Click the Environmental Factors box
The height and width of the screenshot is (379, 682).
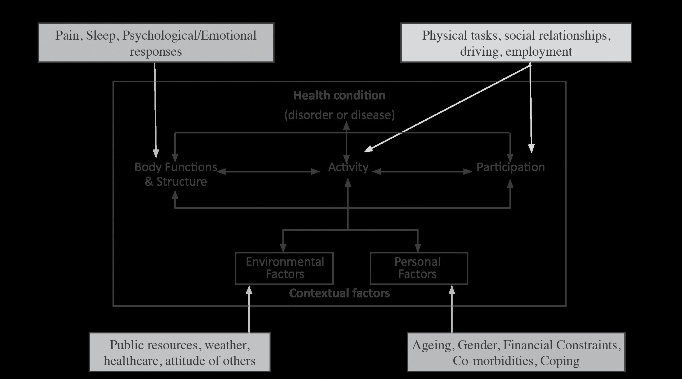pyautogui.click(x=284, y=268)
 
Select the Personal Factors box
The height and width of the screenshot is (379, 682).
pyautogui.click(x=419, y=268)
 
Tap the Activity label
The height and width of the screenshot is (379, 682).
pyautogui.click(x=348, y=167)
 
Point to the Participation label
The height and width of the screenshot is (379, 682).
pyautogui.click(x=510, y=167)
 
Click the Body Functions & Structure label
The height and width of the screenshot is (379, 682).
pyautogui.click(x=176, y=174)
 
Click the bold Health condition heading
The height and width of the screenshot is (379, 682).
pyautogui.click(x=339, y=96)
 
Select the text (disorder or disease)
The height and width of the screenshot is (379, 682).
pyautogui.click(x=339, y=115)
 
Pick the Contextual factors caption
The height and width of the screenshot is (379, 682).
pyautogui.click(x=339, y=293)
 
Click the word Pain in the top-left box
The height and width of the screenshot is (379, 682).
pyautogui.click(x=67, y=36)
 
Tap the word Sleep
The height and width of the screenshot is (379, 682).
pyautogui.click(x=101, y=36)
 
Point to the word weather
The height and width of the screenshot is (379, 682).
pyautogui.click(x=227, y=345)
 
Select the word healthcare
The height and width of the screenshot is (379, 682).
pyautogui.click(x=131, y=361)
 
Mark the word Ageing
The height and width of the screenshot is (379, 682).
pyautogui.click(x=431, y=345)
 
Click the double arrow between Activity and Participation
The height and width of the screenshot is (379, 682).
pyautogui.click(x=422, y=172)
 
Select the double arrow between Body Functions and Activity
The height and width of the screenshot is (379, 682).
pyautogui.click(x=269, y=172)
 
